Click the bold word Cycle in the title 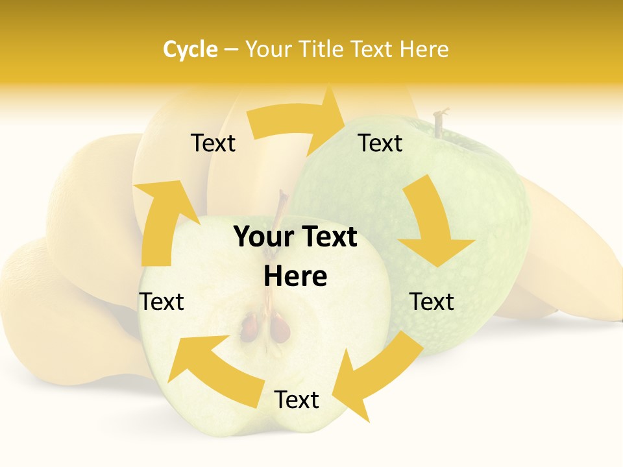tap(190, 49)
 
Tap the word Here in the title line tap(424, 49)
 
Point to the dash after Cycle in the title tap(231, 50)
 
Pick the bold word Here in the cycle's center tap(295, 277)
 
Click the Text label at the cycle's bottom tap(297, 400)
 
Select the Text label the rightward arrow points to tap(380, 143)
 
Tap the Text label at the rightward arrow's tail tap(213, 143)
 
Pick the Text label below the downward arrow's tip tap(432, 302)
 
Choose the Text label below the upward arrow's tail tap(162, 302)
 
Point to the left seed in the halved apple tap(250, 328)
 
